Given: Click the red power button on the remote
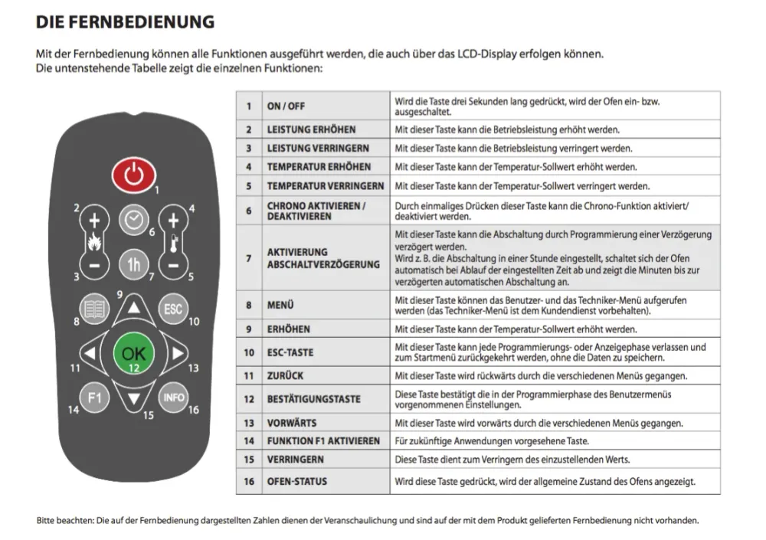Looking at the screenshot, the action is (134, 175).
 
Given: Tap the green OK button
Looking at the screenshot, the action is (133, 353).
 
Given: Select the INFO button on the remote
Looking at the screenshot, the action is (173, 398).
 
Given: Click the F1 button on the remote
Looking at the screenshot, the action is (94, 398).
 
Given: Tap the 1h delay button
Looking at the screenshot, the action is (134, 265).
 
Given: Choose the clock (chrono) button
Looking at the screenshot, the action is (134, 220).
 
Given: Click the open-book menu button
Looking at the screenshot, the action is (94, 309).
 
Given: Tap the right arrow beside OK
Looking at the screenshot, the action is (178, 353).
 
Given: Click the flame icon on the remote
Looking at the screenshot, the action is (94, 242).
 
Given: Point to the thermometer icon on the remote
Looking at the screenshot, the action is (174, 244).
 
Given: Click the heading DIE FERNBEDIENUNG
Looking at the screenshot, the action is (125, 22).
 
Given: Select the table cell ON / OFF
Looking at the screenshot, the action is (286, 106).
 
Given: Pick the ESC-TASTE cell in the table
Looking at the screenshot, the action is (290, 352).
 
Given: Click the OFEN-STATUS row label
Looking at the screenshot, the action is (297, 481).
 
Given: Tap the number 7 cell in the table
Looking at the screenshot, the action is (249, 258).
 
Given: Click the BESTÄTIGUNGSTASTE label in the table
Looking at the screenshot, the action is (313, 399).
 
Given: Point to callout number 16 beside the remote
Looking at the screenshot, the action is (194, 410).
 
